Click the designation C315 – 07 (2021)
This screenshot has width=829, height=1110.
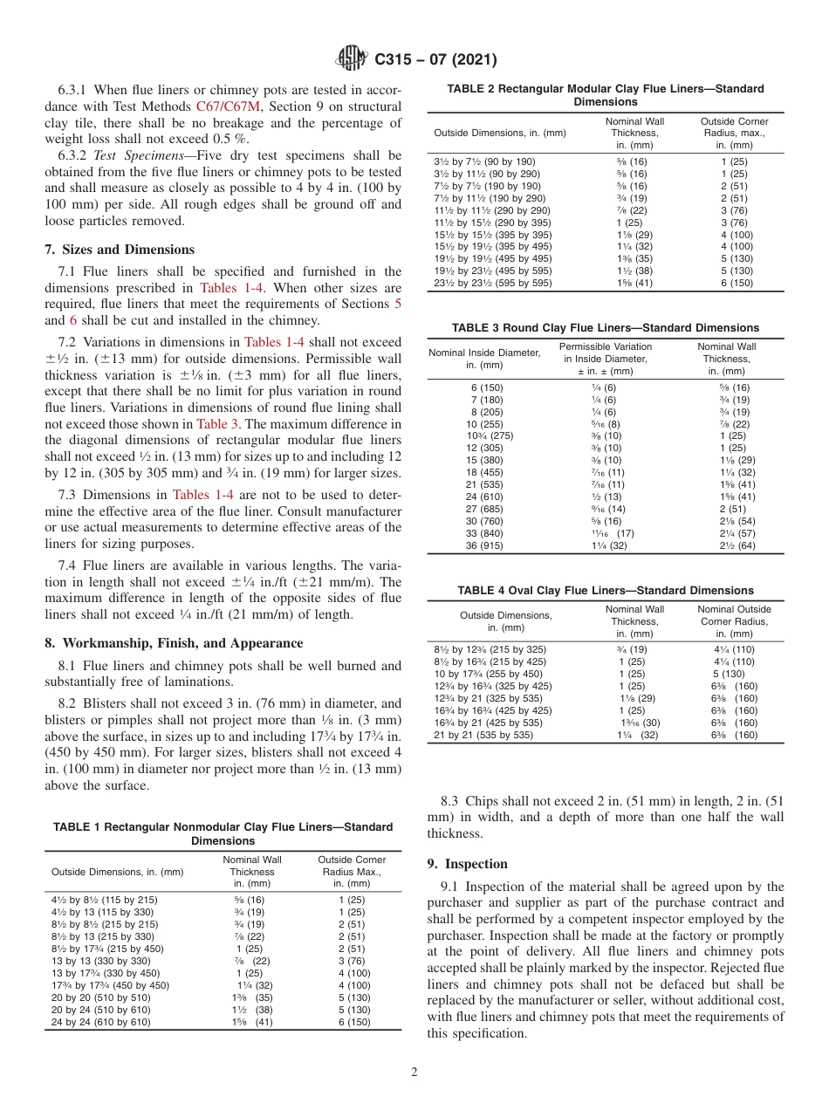[435, 59]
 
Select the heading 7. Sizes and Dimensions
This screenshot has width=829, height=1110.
[120, 249]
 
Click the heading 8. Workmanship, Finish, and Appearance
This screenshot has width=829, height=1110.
[174, 643]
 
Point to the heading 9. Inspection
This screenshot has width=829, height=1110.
[467, 864]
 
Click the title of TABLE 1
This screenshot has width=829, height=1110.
[223, 833]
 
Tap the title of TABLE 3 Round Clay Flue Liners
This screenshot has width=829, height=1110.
[605, 328]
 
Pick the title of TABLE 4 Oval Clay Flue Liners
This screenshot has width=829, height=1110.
[605, 591]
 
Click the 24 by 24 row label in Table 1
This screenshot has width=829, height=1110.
[100, 1021]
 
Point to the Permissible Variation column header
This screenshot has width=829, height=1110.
[605, 359]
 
